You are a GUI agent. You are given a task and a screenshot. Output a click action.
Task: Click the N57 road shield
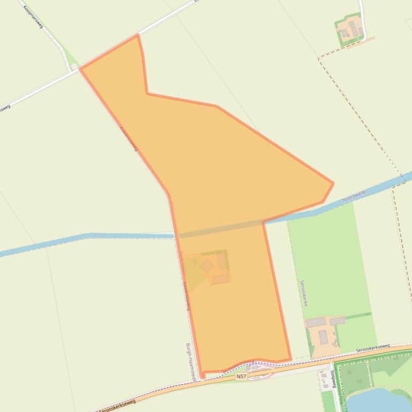241,377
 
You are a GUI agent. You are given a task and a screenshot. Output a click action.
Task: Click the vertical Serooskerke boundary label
303,292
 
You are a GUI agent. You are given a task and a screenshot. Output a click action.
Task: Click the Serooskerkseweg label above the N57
373,348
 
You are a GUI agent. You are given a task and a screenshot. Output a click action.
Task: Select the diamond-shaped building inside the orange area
207,265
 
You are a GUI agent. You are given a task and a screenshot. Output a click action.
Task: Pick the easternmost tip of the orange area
333,184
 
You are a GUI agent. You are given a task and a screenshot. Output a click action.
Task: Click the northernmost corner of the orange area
138,35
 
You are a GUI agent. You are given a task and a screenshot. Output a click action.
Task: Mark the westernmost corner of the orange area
80,68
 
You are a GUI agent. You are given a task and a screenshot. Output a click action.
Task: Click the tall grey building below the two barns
323,337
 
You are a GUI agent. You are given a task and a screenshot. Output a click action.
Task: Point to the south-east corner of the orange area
290,359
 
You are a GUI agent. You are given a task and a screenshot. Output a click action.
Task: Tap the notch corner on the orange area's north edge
147,94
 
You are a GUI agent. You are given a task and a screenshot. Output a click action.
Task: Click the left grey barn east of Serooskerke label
316,322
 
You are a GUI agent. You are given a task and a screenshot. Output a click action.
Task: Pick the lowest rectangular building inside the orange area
221,279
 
